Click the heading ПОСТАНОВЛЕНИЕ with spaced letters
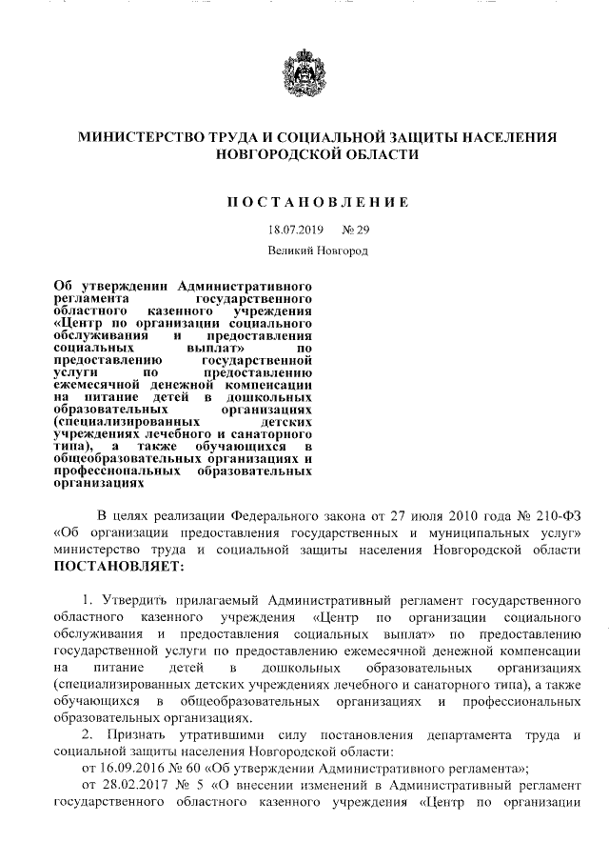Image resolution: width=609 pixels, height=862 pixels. pos(317,202)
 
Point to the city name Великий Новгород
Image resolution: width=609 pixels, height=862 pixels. pos(317,251)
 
